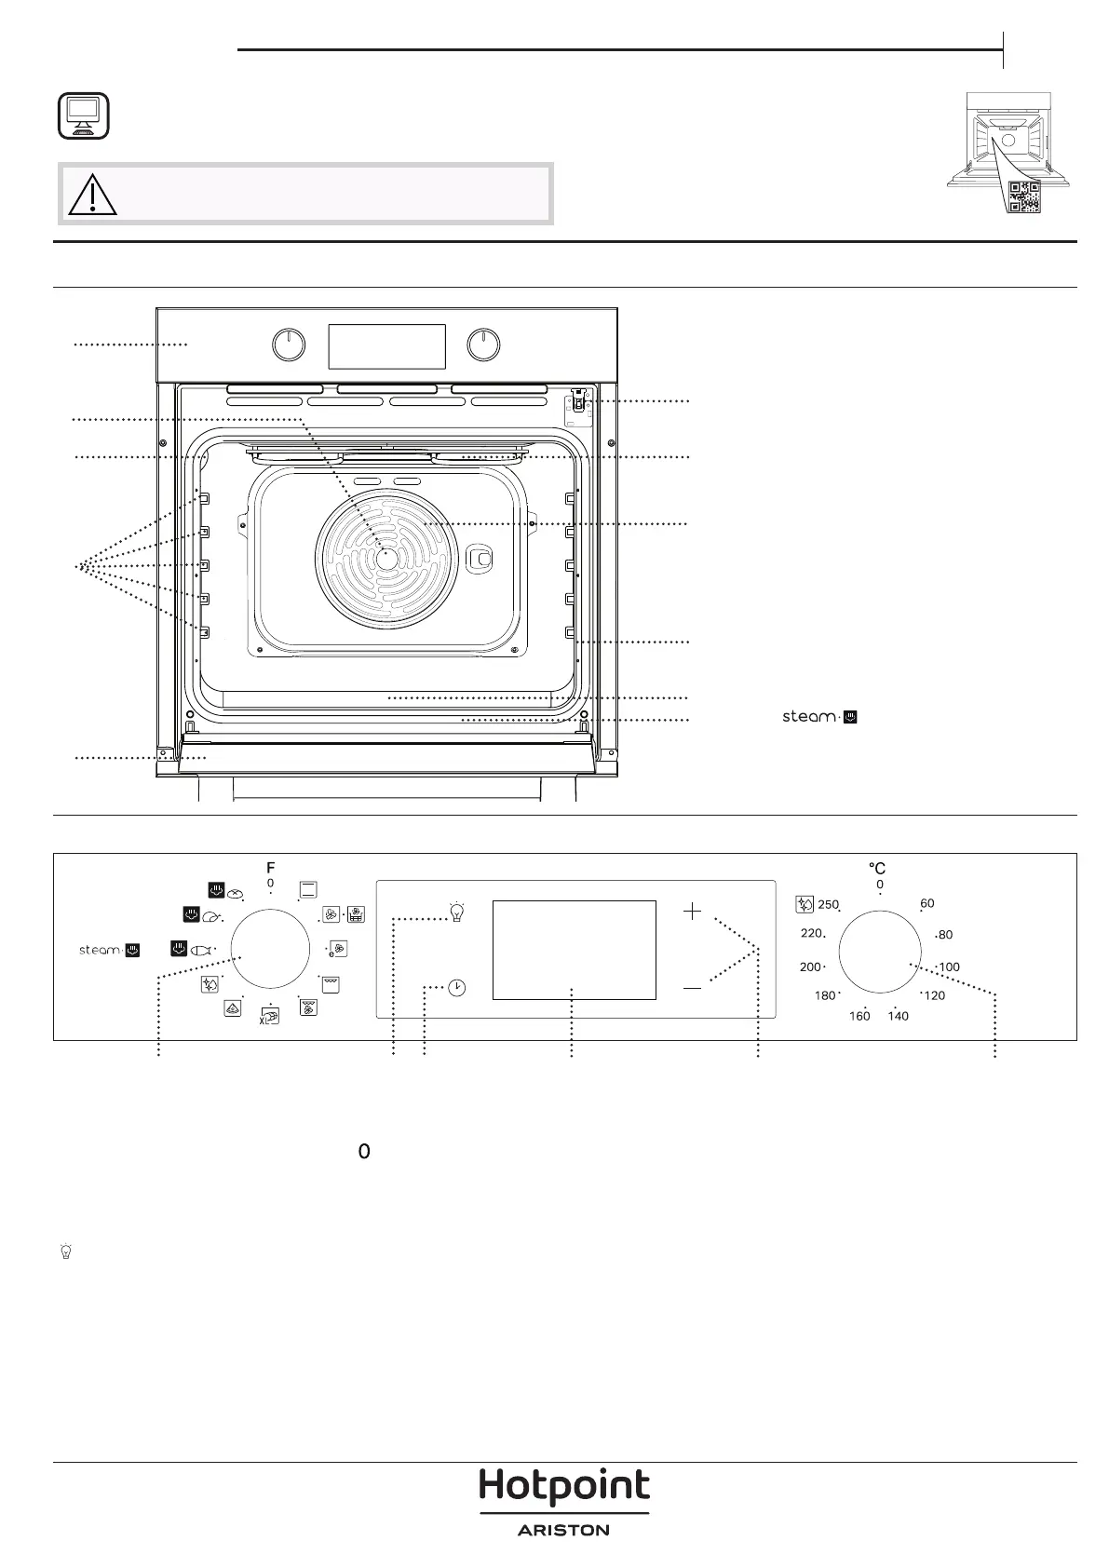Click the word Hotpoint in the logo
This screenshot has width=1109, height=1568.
(x=563, y=1486)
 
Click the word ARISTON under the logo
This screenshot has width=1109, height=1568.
(x=563, y=1530)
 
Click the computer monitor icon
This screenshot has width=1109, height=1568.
(x=84, y=116)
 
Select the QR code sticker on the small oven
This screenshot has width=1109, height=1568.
(x=1023, y=196)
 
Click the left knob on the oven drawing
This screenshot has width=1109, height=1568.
(x=289, y=345)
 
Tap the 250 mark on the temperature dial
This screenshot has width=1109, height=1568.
(x=828, y=904)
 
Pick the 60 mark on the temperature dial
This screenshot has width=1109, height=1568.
(x=926, y=903)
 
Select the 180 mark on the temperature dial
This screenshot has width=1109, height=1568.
(x=825, y=995)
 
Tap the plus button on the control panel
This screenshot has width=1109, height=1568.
(x=692, y=912)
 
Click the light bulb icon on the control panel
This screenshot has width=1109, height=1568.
(x=456, y=912)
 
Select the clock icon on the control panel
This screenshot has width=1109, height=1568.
(x=456, y=988)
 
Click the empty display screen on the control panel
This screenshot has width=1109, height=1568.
(x=574, y=950)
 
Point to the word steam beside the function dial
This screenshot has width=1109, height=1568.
(x=99, y=951)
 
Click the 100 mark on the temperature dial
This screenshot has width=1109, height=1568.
(x=949, y=967)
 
